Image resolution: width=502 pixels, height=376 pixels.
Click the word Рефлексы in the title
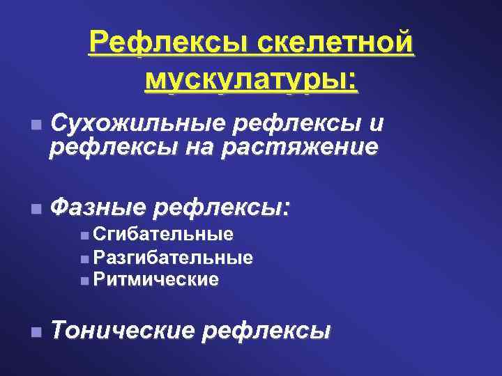169,45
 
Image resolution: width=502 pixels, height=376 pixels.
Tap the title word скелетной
335,45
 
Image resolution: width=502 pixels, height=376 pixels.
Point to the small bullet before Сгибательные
84,234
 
